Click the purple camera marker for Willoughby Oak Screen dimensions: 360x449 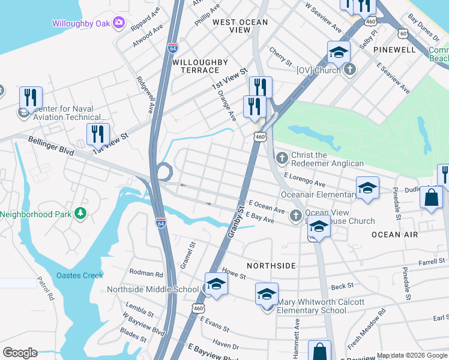[x=119, y=23]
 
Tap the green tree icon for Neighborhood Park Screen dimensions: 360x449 [x=80, y=214]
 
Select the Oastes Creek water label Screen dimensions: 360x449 [x=80, y=275]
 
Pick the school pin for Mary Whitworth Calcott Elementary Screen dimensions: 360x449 [x=267, y=295]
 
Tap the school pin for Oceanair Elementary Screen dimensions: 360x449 [x=367, y=188]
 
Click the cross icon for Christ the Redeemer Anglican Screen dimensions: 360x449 [x=282, y=158]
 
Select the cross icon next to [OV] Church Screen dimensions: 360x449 [x=351, y=70]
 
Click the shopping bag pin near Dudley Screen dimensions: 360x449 [x=431, y=199]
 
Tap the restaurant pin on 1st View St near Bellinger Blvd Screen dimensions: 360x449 [x=98, y=134]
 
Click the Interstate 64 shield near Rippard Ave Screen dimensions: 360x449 [x=173, y=46]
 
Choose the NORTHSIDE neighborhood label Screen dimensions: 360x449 [x=271, y=265]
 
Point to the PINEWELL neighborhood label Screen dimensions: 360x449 [x=394, y=49]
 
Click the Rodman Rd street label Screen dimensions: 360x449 [x=146, y=274]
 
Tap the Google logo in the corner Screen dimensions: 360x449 [x=20, y=353]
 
